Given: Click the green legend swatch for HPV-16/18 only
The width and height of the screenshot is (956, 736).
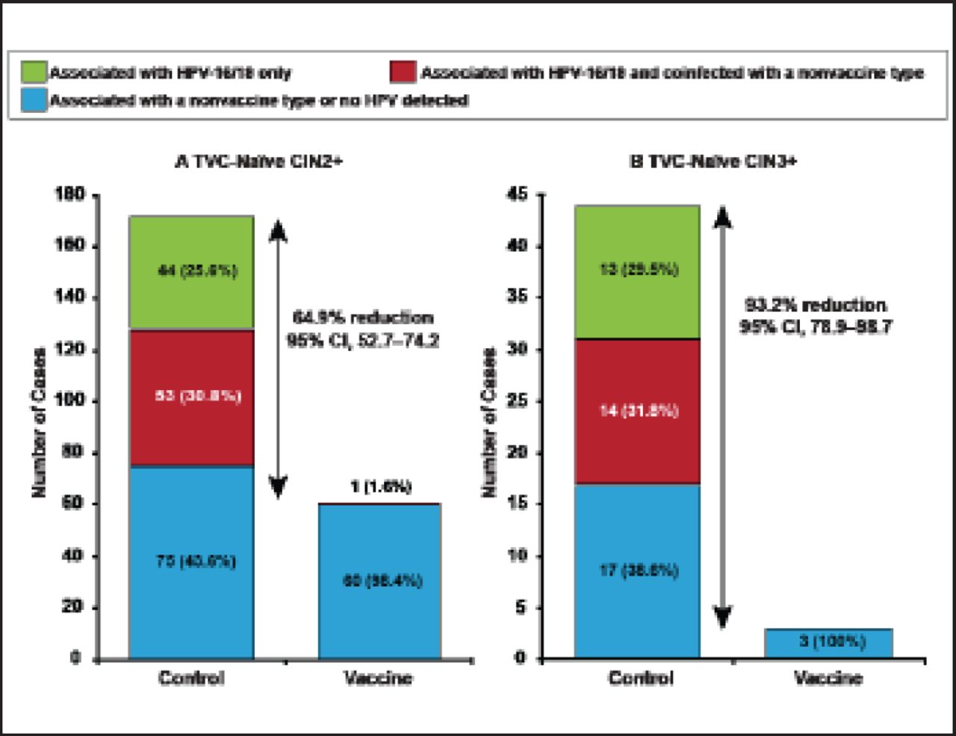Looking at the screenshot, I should pyautogui.click(x=34, y=72).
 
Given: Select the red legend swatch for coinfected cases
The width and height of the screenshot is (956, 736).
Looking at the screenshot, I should pyautogui.click(x=403, y=72).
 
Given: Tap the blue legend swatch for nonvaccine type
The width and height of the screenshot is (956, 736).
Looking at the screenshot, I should pyautogui.click(x=34, y=100).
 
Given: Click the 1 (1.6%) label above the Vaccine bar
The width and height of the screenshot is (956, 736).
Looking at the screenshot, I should pyautogui.click(x=381, y=487).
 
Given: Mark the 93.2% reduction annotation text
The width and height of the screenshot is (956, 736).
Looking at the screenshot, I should pyautogui.click(x=815, y=306).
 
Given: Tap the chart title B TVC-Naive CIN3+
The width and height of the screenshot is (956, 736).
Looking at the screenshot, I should pyautogui.click(x=713, y=162).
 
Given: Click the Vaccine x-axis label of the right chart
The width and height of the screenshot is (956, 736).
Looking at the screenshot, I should pyautogui.click(x=828, y=678).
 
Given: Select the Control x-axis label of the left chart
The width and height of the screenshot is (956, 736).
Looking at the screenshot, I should pyautogui.click(x=191, y=678).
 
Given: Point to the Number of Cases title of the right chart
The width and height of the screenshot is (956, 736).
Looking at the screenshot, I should pyautogui.click(x=490, y=422).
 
